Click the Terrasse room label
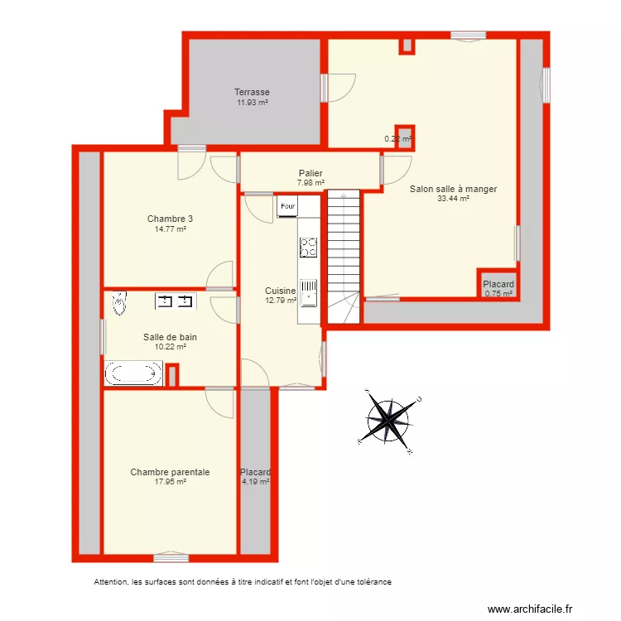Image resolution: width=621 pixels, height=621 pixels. (x=252, y=92)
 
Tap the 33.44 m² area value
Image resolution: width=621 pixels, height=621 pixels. (x=453, y=199)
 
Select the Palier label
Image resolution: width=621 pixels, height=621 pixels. (x=310, y=173)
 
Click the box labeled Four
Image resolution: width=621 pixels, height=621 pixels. (x=287, y=206)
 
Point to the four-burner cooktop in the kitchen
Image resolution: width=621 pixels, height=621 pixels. (x=308, y=247)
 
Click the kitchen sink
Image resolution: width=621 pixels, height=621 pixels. (x=309, y=292)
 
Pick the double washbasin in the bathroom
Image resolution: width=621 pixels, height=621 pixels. (x=175, y=301)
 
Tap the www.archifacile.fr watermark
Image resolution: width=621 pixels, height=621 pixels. (x=530, y=609)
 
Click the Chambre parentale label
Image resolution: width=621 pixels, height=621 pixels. (x=170, y=472)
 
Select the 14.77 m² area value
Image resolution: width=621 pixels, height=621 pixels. (x=170, y=229)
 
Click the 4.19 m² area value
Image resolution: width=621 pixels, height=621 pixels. (x=255, y=482)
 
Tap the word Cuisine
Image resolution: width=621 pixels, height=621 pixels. (x=280, y=291)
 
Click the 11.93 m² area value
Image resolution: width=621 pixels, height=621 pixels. (x=252, y=103)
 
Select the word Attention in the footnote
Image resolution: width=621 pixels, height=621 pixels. (x=111, y=582)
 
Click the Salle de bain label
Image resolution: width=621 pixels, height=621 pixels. (x=170, y=337)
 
